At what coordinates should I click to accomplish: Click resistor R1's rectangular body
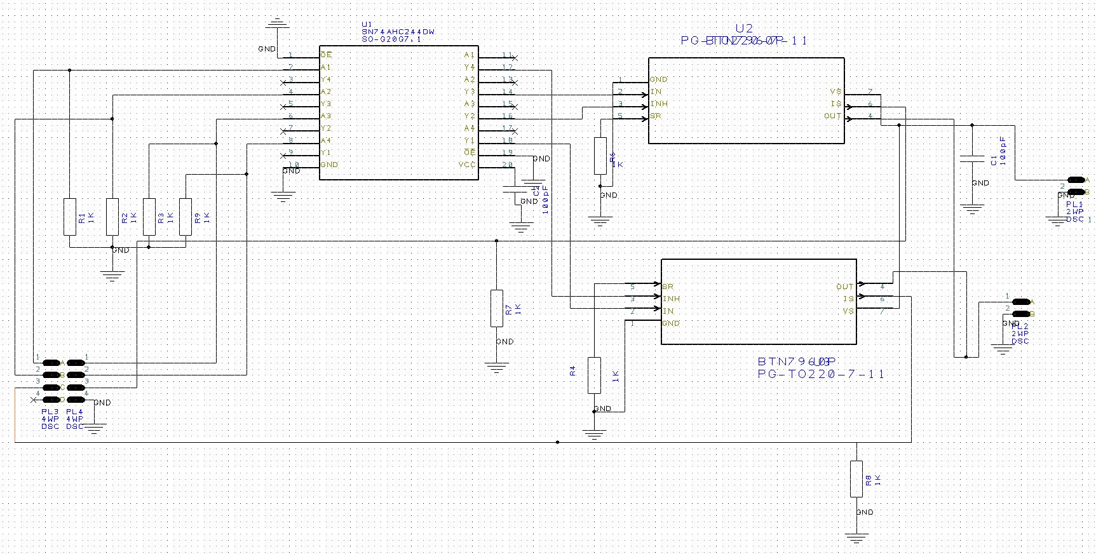(x=70, y=217)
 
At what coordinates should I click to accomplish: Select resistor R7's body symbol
(x=497, y=309)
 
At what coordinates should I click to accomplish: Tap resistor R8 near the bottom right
(x=856, y=479)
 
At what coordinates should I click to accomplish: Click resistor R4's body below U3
(x=594, y=375)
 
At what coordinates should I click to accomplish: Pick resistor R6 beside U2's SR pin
(x=600, y=156)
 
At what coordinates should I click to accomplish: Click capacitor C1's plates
(x=971, y=158)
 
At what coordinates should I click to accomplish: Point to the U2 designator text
(x=743, y=29)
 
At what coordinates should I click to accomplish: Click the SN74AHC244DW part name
(x=398, y=32)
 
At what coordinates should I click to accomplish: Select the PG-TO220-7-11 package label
(x=821, y=374)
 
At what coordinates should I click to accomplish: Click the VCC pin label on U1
(x=467, y=165)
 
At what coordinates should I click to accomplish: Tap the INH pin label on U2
(x=659, y=104)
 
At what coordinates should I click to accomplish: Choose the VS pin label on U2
(x=836, y=92)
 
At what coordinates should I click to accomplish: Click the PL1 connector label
(x=1074, y=204)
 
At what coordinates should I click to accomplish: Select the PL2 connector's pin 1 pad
(x=1021, y=302)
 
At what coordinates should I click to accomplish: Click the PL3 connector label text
(x=50, y=412)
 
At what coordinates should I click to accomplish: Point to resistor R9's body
(x=186, y=217)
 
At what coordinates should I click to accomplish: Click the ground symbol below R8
(x=856, y=538)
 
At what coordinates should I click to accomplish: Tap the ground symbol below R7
(x=497, y=367)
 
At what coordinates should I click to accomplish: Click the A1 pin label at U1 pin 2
(x=326, y=67)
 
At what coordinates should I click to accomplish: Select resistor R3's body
(x=149, y=217)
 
